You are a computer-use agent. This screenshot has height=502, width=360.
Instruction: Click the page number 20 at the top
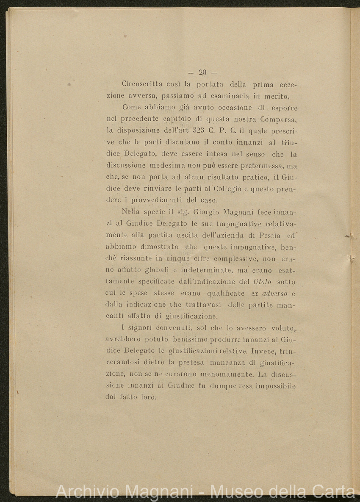click(202, 72)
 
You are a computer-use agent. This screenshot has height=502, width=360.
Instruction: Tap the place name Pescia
click(265, 235)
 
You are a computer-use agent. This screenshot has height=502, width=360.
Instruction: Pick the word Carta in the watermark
click(333, 492)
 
